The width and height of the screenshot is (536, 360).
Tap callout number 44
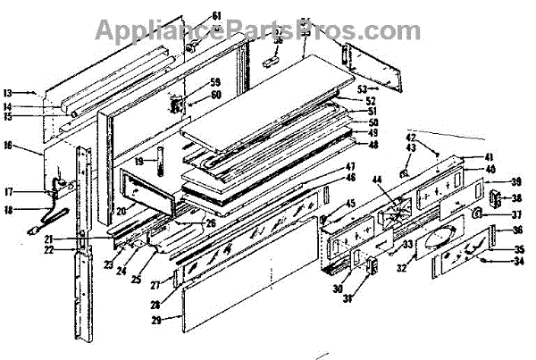tap(379, 180)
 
